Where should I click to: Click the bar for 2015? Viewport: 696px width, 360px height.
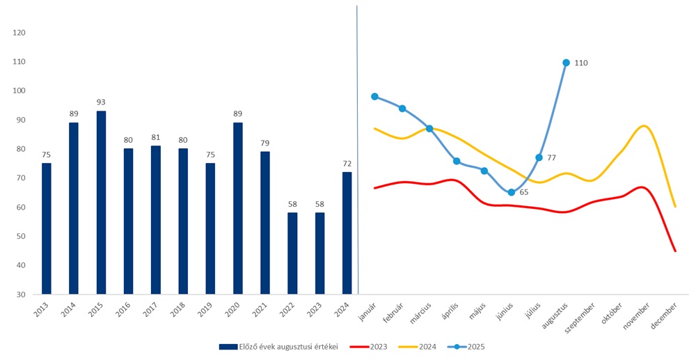(x=101, y=202)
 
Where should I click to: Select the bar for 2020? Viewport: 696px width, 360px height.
(x=237, y=208)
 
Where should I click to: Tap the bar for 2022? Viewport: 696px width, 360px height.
(x=292, y=253)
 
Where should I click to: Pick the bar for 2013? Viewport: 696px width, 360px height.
(x=47, y=228)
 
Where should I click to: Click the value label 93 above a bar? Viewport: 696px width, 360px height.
(x=101, y=102)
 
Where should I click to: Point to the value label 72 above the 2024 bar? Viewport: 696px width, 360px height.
(x=347, y=163)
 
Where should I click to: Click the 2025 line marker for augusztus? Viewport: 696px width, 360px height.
(x=566, y=63)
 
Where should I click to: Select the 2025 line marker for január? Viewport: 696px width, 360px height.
(x=374, y=97)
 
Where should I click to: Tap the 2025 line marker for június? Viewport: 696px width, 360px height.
(x=512, y=192)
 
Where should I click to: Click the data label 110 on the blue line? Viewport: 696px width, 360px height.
(x=581, y=63)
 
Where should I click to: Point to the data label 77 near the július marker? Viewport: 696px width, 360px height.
(x=551, y=158)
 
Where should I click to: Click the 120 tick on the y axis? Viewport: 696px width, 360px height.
(x=19, y=33)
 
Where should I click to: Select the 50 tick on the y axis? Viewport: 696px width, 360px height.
(x=21, y=236)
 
